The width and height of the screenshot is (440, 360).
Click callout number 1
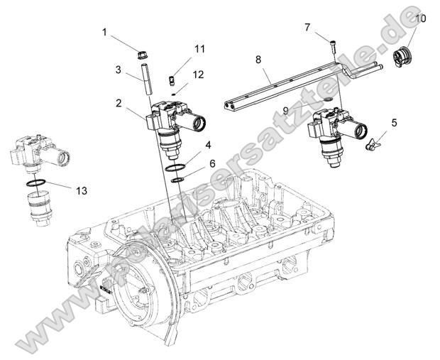pyautogui.click(x=104, y=32)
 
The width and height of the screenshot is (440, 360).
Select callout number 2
pyautogui.click(x=119, y=103)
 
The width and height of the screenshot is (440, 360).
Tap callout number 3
pyautogui.click(x=119, y=70)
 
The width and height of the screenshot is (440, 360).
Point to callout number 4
pyautogui.click(x=208, y=146)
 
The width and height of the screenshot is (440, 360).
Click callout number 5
pyautogui.click(x=394, y=122)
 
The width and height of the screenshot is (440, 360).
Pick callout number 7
pyautogui.click(x=307, y=28)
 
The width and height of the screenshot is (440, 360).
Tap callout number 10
pyautogui.click(x=420, y=19)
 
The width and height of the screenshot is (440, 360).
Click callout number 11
pyautogui.click(x=199, y=49)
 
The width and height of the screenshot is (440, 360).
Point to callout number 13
pyautogui.click(x=82, y=190)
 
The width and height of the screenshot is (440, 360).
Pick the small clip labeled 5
pyautogui.click(x=370, y=144)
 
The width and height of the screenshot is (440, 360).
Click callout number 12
pyautogui.click(x=198, y=74)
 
